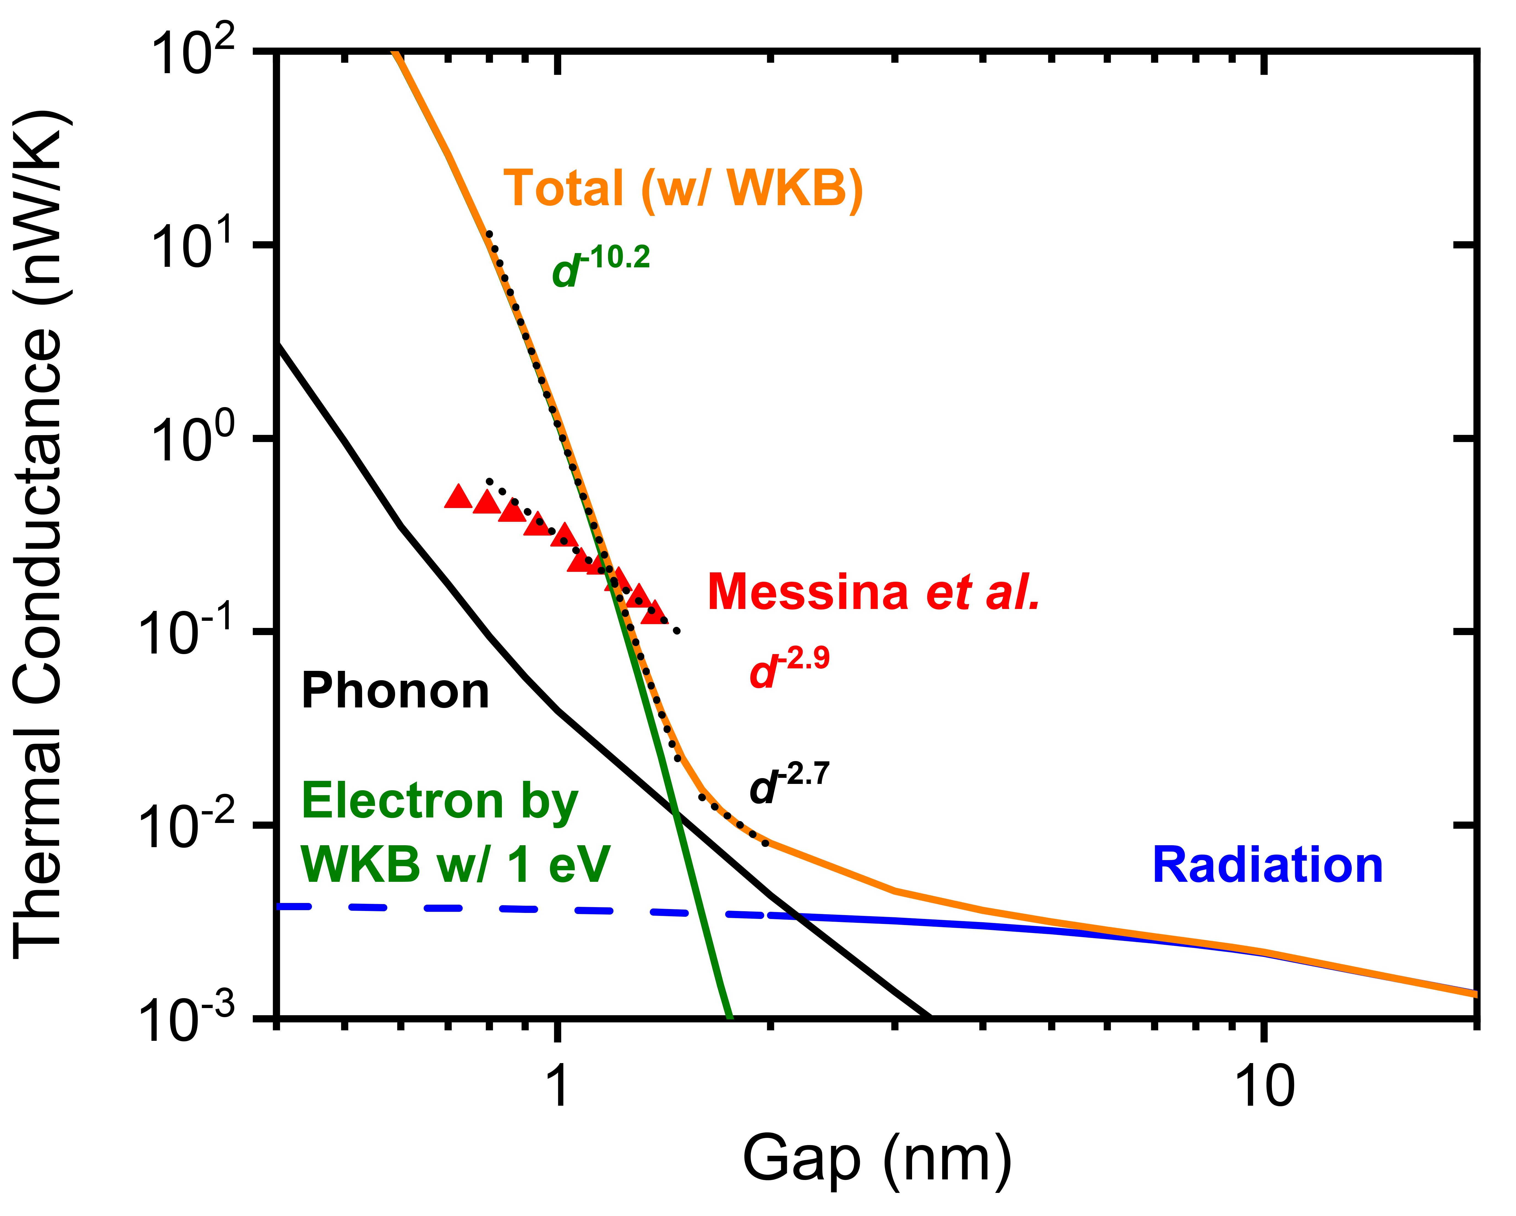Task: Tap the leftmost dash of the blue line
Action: [x=294, y=907]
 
